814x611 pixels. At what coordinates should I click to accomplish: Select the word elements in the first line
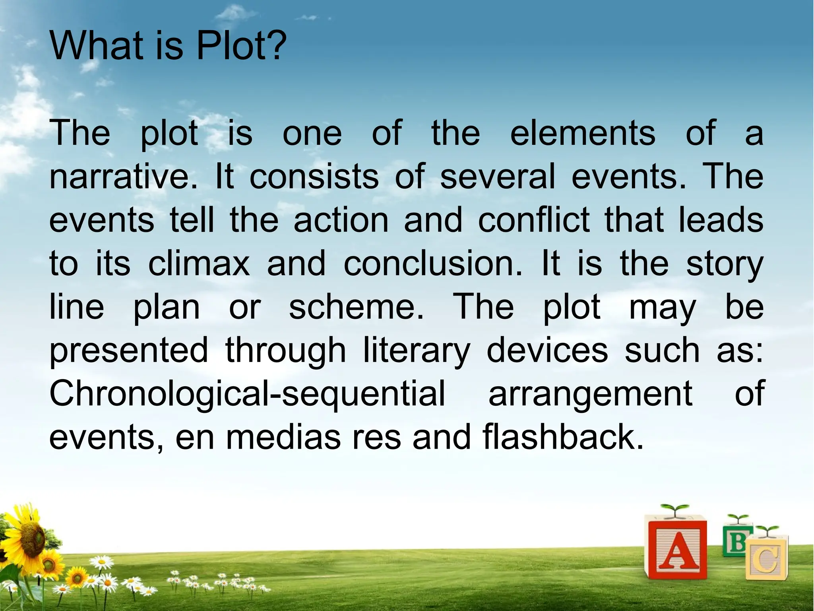pyautogui.click(x=582, y=133)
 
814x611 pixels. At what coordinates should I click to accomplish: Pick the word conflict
pyautogui.click(x=534, y=220)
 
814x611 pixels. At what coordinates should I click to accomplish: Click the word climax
pyautogui.click(x=199, y=263)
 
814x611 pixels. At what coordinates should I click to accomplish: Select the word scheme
pyautogui.click(x=356, y=307)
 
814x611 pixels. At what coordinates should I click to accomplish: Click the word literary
pyautogui.click(x=416, y=350)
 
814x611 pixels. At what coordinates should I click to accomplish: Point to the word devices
pyautogui.click(x=547, y=350)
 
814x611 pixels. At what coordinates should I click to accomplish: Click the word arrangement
pyautogui.click(x=591, y=393)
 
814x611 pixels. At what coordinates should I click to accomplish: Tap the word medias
pyautogui.click(x=283, y=437)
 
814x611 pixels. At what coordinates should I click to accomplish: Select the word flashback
pyautogui.click(x=563, y=437)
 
